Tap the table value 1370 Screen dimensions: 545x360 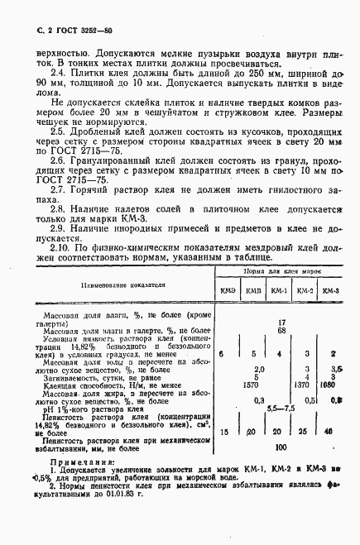pos(305,384)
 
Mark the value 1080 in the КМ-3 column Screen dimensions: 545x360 pos(331,384)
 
